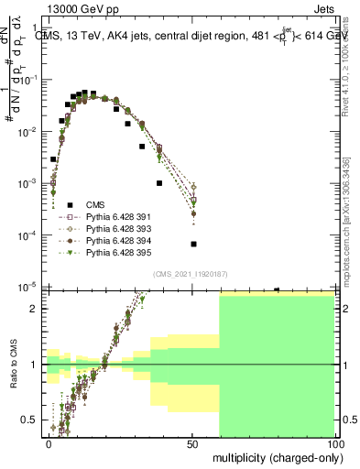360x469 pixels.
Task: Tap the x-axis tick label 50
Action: coord(191,443)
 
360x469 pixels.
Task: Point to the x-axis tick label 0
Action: coord(49,443)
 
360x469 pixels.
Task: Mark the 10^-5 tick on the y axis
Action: coord(30,287)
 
